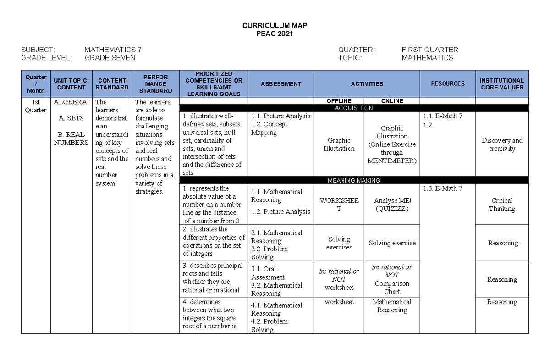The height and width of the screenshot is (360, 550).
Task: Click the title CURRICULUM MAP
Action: pos(275,26)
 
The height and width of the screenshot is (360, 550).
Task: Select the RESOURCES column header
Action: pos(448,83)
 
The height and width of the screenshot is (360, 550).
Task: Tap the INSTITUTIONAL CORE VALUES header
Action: pos(502,83)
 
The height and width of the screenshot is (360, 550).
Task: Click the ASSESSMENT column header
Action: pos(281,84)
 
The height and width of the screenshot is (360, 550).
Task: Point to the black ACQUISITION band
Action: pos(354,108)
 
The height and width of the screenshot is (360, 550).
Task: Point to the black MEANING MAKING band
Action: pos(354,180)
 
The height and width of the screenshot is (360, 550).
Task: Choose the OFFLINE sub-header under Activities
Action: pos(339,101)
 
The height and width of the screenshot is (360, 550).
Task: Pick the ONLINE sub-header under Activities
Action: pos(392,101)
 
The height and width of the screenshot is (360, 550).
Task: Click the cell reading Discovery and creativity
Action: pos(502,144)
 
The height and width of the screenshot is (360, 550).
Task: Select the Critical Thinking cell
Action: pos(502,205)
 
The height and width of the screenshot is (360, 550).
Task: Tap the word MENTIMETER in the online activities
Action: pos(392,161)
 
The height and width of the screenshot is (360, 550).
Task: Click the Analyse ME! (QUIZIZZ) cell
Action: pos(392,205)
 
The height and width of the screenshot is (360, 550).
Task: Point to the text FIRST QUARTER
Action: pos(429,50)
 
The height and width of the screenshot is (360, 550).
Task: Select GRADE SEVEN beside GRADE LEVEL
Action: pos(110,58)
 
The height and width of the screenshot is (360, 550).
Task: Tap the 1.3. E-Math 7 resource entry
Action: pos(442,188)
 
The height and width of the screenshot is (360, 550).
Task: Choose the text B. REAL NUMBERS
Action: pos(71,138)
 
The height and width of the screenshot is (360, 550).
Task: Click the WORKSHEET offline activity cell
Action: pos(339,205)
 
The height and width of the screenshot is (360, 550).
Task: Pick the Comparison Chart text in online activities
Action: pos(392,288)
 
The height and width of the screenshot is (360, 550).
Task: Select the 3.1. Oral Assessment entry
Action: pos(268,273)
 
